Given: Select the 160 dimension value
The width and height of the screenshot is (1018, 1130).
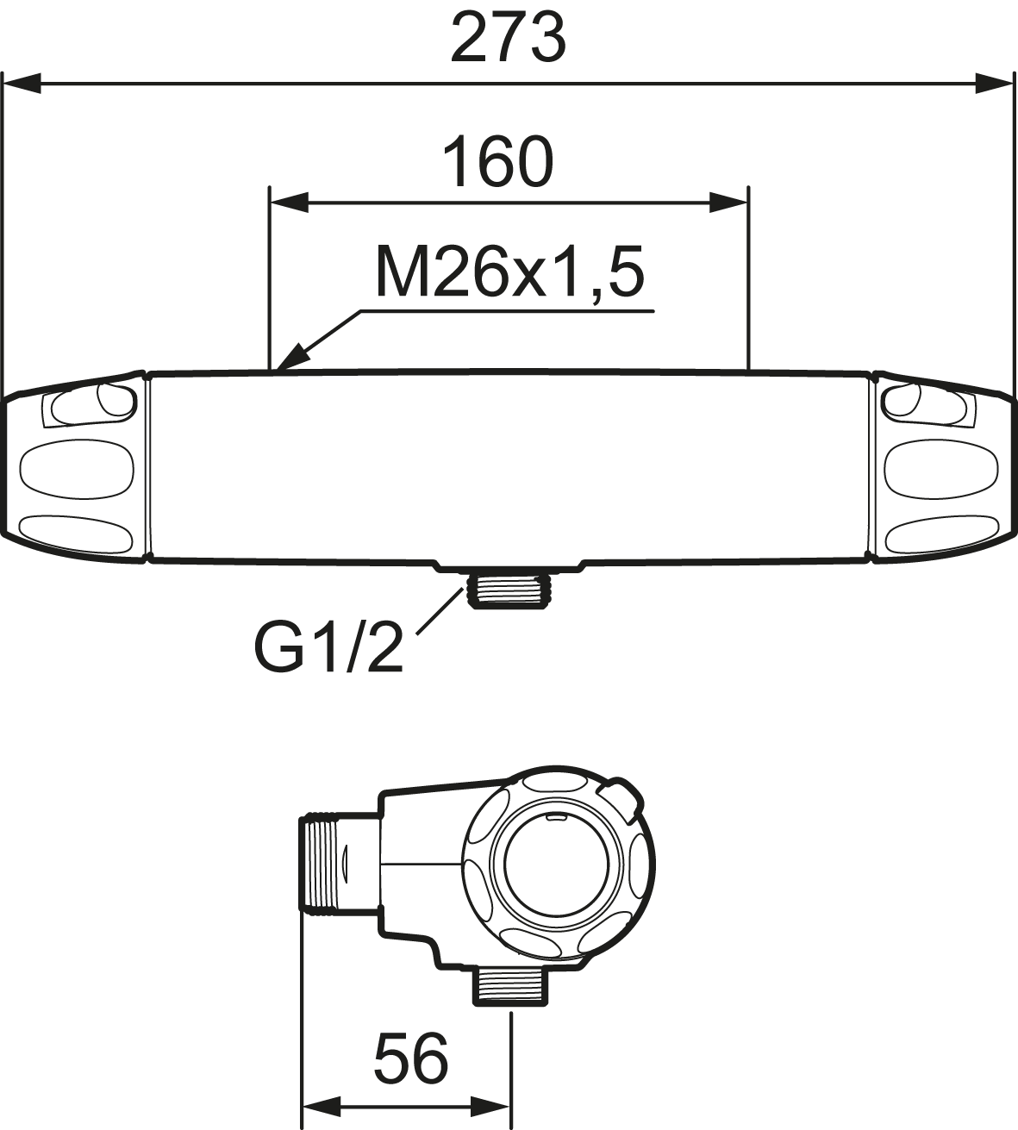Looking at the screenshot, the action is [x=497, y=162].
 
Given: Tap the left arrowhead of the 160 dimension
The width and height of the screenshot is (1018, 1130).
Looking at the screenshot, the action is [x=290, y=203].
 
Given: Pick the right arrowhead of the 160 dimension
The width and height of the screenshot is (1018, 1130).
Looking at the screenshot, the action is [x=728, y=203].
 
